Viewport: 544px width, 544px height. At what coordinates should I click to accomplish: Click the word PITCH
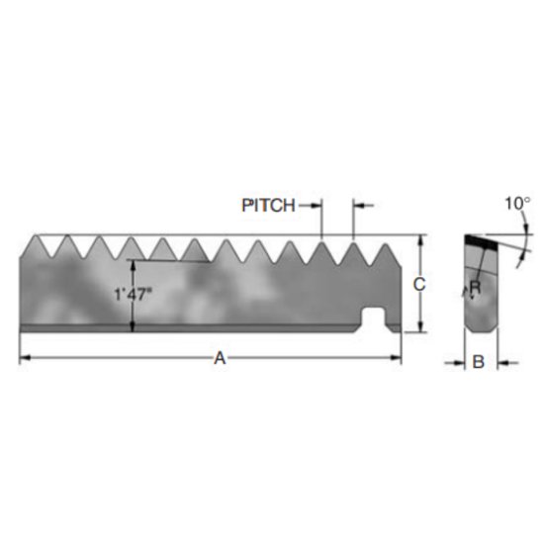[268, 206]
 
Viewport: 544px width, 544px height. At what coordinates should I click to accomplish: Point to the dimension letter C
[419, 285]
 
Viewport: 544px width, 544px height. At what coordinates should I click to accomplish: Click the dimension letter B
[477, 362]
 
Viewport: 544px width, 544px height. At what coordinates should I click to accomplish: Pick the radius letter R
[476, 288]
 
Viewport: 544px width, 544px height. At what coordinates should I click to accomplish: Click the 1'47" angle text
[133, 293]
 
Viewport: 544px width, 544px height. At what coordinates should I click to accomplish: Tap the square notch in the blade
[375, 318]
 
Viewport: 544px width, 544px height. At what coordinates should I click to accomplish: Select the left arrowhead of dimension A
[25, 358]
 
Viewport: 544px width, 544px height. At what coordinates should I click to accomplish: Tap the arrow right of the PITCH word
[317, 206]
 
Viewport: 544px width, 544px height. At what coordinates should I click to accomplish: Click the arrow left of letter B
[458, 362]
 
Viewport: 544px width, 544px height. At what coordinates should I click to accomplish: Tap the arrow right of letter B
[500, 362]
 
